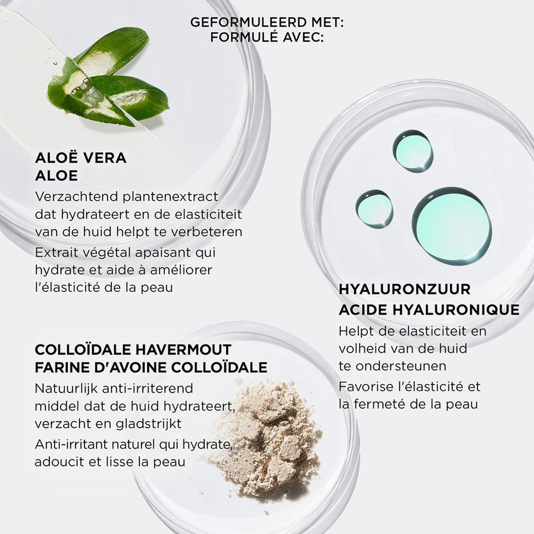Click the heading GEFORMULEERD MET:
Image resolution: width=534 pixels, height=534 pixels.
[x=267, y=22]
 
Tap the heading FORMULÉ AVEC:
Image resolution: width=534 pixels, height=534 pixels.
[x=267, y=37]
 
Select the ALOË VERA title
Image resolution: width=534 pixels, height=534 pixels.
[x=81, y=158]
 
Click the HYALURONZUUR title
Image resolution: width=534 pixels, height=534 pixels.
[x=404, y=289]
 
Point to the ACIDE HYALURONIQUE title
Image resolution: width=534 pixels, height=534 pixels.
[x=429, y=310]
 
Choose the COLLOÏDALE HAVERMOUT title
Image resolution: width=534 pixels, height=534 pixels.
[x=133, y=350]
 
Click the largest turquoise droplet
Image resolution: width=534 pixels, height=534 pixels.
[x=452, y=226]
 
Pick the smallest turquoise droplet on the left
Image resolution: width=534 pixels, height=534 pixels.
[x=374, y=209]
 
